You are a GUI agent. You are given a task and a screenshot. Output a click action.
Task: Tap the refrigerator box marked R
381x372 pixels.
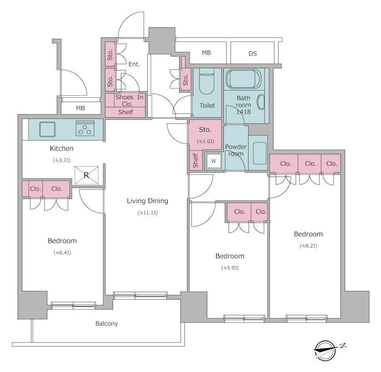coord(87,175)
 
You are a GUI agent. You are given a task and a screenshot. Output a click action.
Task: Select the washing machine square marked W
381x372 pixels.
coord(213,161)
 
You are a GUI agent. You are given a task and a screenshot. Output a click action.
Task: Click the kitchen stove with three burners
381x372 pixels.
coord(85,128)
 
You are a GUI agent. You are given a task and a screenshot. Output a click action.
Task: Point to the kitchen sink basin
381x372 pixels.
coord(47,129)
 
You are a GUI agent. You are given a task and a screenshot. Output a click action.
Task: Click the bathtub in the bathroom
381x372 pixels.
coord(243,79)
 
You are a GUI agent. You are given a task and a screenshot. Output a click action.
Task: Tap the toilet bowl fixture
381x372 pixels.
coord(207,81)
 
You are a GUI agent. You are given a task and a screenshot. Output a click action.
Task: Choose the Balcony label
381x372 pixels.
coord(106,323)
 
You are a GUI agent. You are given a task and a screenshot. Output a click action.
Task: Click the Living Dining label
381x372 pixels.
coord(148,201)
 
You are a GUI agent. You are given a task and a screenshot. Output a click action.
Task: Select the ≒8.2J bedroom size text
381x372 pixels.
coord(308,246)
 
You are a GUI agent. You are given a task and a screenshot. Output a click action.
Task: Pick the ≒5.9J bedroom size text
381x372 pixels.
coord(230,268)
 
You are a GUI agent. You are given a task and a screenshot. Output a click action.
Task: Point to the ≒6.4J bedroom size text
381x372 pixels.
coord(62,253)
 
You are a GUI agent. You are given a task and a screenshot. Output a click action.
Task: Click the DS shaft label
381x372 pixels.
coord(253,53)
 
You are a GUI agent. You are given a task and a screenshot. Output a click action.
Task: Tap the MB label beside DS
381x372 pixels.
coord(207,53)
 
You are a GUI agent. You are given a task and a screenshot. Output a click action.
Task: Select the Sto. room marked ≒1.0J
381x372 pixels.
coord(205,134)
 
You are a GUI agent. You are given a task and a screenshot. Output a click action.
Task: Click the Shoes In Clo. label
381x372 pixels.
coord(129,101)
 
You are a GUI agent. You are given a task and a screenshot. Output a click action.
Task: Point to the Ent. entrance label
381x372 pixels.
coord(134,64)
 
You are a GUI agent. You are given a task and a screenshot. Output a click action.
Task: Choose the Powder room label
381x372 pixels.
coord(236,150)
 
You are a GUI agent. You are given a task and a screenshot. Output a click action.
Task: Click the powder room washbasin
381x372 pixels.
coord(260,153)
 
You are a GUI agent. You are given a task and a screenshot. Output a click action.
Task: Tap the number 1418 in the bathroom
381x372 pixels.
coord(243,112)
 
